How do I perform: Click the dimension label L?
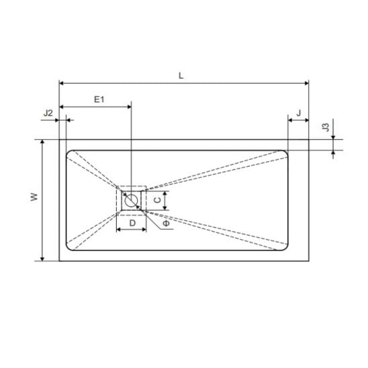point(181,76)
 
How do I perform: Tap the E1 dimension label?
point(99,99)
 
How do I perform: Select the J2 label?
point(48,113)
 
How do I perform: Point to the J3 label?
point(326,127)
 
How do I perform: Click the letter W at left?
point(34,197)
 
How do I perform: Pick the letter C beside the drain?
point(158,199)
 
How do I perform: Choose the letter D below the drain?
point(132,223)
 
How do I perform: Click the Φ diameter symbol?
point(166,223)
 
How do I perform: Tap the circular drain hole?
point(131,200)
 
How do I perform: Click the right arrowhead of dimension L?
point(306,83)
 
